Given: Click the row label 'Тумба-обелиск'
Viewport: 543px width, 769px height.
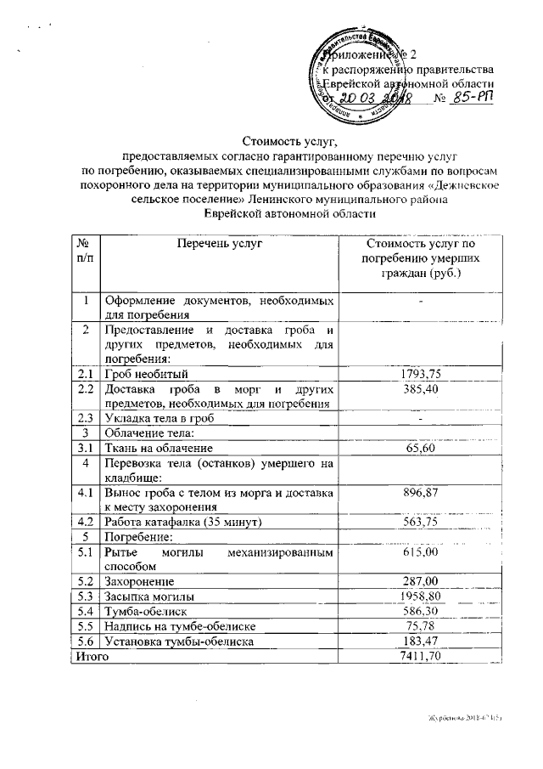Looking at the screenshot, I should (x=145, y=611).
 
